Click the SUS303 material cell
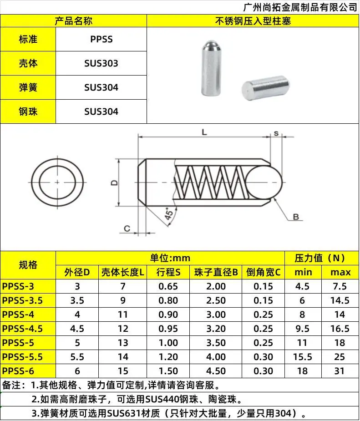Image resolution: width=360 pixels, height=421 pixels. (101, 63)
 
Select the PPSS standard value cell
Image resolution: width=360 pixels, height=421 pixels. (101, 39)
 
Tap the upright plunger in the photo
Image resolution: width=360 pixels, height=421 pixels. (211, 68)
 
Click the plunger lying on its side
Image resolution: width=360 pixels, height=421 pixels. (265, 88)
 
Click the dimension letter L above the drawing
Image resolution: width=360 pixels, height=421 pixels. (204, 132)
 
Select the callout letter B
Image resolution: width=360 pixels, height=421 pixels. (296, 217)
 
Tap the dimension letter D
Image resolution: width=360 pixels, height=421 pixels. (114, 183)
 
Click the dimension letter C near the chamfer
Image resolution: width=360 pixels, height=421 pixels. (127, 228)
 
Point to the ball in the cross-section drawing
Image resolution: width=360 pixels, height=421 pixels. (264, 183)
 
